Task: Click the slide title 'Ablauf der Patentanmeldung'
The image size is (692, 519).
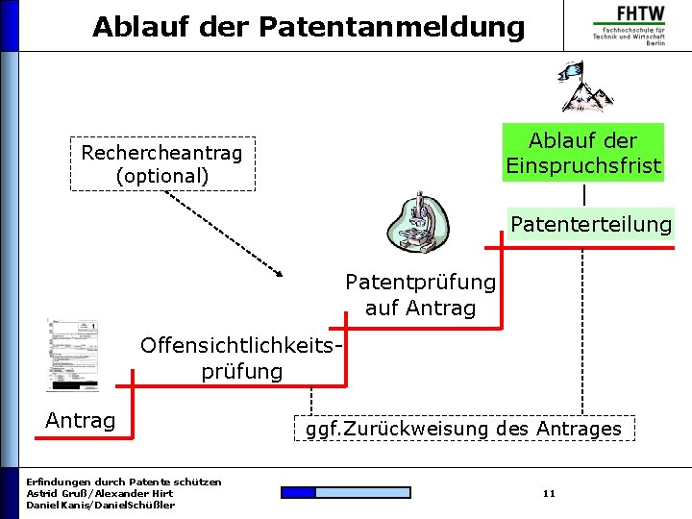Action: (309, 27)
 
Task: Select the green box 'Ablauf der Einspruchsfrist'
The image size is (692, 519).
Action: (583, 153)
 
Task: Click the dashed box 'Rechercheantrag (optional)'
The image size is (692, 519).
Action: (162, 164)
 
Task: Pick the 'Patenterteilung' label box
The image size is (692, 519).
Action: (591, 225)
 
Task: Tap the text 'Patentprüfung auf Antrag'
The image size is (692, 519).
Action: (420, 295)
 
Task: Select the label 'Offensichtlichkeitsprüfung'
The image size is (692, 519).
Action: (242, 358)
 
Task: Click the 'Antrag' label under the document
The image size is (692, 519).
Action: (81, 421)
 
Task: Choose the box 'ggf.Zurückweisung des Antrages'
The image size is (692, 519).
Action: (463, 429)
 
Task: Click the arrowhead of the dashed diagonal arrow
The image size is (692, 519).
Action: (279, 273)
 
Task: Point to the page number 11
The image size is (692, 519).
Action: (549, 494)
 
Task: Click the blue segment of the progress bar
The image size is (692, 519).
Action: (298, 493)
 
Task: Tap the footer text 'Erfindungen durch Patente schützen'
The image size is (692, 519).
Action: (124, 482)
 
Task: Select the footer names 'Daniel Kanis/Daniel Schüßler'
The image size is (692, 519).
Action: (101, 506)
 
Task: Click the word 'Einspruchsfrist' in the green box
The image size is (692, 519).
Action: (583, 165)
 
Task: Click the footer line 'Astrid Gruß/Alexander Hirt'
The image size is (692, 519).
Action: (100, 493)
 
